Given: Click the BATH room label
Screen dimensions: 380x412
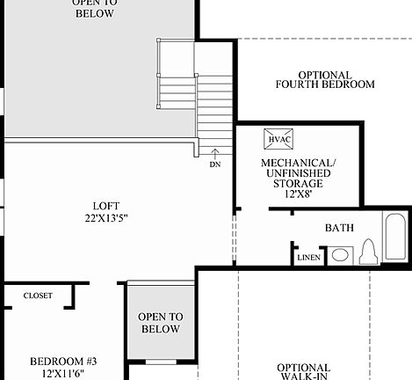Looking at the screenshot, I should pyautogui.click(x=339, y=228).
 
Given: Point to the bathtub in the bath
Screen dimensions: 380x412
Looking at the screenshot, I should pyautogui.click(x=396, y=237).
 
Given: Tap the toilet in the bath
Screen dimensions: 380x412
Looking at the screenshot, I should pyautogui.click(x=369, y=253).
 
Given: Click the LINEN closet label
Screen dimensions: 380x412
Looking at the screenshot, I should pyautogui.click(x=308, y=258).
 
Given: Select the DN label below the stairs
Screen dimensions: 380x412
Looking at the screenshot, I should pyautogui.click(x=215, y=164).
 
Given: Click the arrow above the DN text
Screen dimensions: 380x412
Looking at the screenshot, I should pyautogui.click(x=215, y=154).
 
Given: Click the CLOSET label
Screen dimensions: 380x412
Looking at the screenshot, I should pyautogui.click(x=38, y=296).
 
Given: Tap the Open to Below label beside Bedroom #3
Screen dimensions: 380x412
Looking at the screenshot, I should pyautogui.click(x=160, y=323).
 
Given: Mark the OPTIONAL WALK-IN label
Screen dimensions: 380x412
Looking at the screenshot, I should pyautogui.click(x=303, y=371).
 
